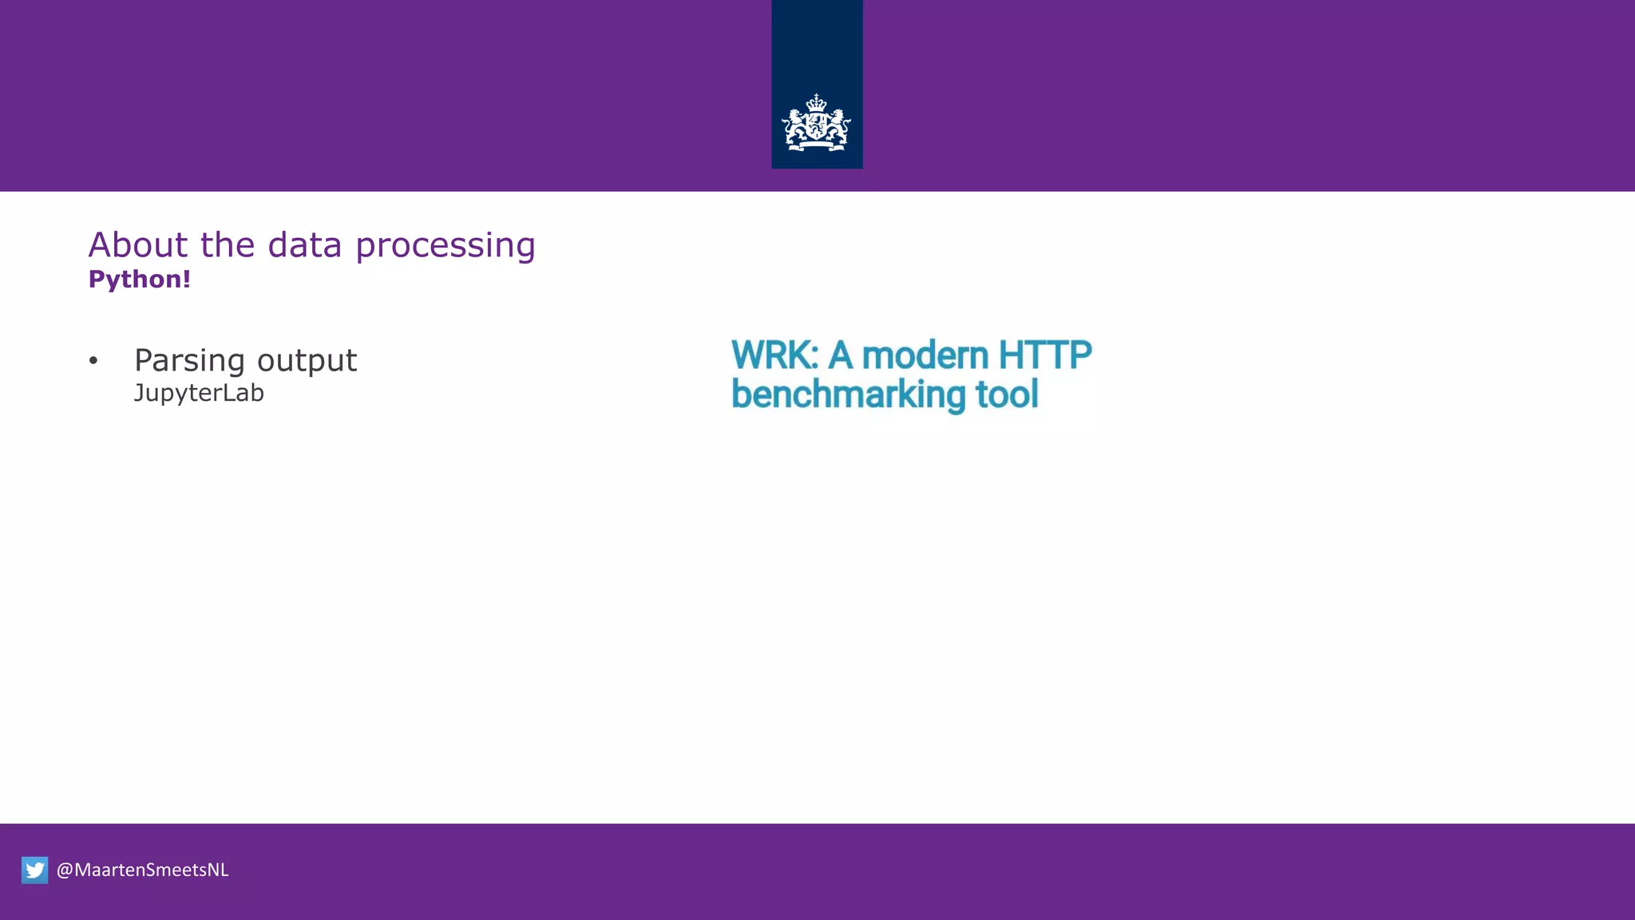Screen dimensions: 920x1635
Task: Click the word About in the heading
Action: point(138,245)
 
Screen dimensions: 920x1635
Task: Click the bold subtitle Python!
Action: point(140,280)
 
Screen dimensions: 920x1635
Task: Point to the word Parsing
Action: point(189,361)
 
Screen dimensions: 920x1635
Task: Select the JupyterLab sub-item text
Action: point(199,394)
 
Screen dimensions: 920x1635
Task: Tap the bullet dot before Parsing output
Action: point(93,361)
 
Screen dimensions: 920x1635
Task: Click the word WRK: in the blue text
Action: point(774,355)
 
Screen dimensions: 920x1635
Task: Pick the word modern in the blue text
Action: point(924,355)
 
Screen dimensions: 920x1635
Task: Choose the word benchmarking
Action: point(848,395)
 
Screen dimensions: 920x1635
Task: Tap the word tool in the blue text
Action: point(1007,395)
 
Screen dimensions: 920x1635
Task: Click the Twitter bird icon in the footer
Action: point(35,870)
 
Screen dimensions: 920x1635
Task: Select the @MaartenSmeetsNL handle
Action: point(143,870)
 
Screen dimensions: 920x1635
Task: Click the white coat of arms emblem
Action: point(816,124)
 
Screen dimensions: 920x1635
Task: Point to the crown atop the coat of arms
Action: point(816,103)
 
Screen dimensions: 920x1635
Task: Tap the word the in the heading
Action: point(228,245)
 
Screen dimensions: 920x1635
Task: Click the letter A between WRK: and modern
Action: point(839,355)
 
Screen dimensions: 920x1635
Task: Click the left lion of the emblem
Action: point(795,127)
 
